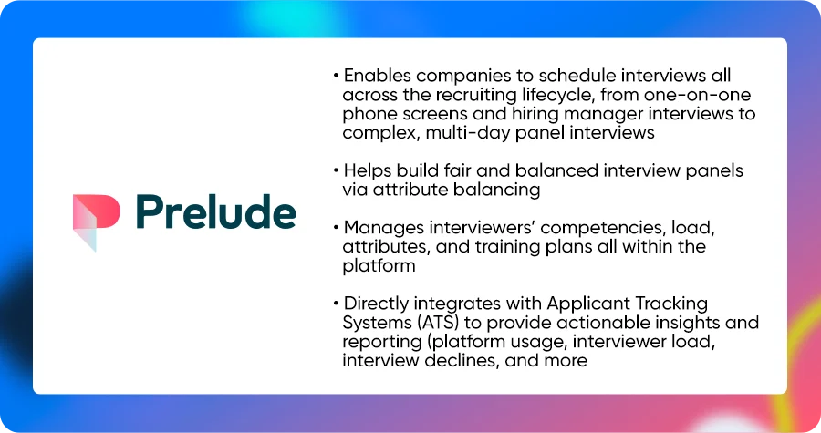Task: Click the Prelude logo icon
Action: (97, 217)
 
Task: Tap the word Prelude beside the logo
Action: (215, 212)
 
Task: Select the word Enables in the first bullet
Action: (377, 76)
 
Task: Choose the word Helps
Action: (368, 171)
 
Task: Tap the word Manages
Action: (384, 228)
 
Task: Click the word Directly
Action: (376, 304)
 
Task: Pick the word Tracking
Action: (671, 304)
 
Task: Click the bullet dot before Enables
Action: (336, 77)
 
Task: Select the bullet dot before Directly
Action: (336, 304)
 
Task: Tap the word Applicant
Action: (588, 304)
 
